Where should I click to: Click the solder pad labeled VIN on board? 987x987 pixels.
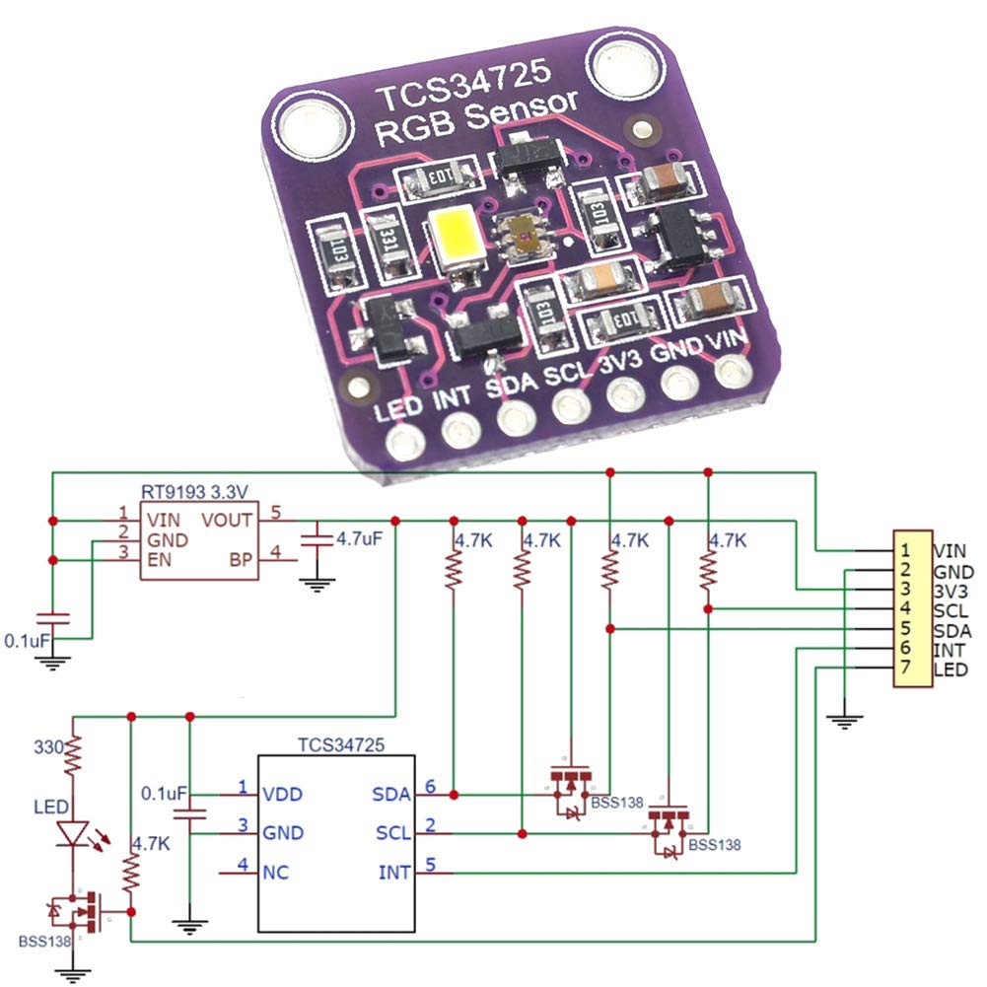coord(731,372)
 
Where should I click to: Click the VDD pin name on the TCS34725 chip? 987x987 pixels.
coord(283,794)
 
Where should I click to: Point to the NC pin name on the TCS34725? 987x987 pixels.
coord(275,872)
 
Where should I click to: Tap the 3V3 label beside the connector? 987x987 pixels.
coord(952,592)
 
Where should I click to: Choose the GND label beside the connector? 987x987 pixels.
coord(952,572)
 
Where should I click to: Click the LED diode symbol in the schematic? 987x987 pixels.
coord(73,834)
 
